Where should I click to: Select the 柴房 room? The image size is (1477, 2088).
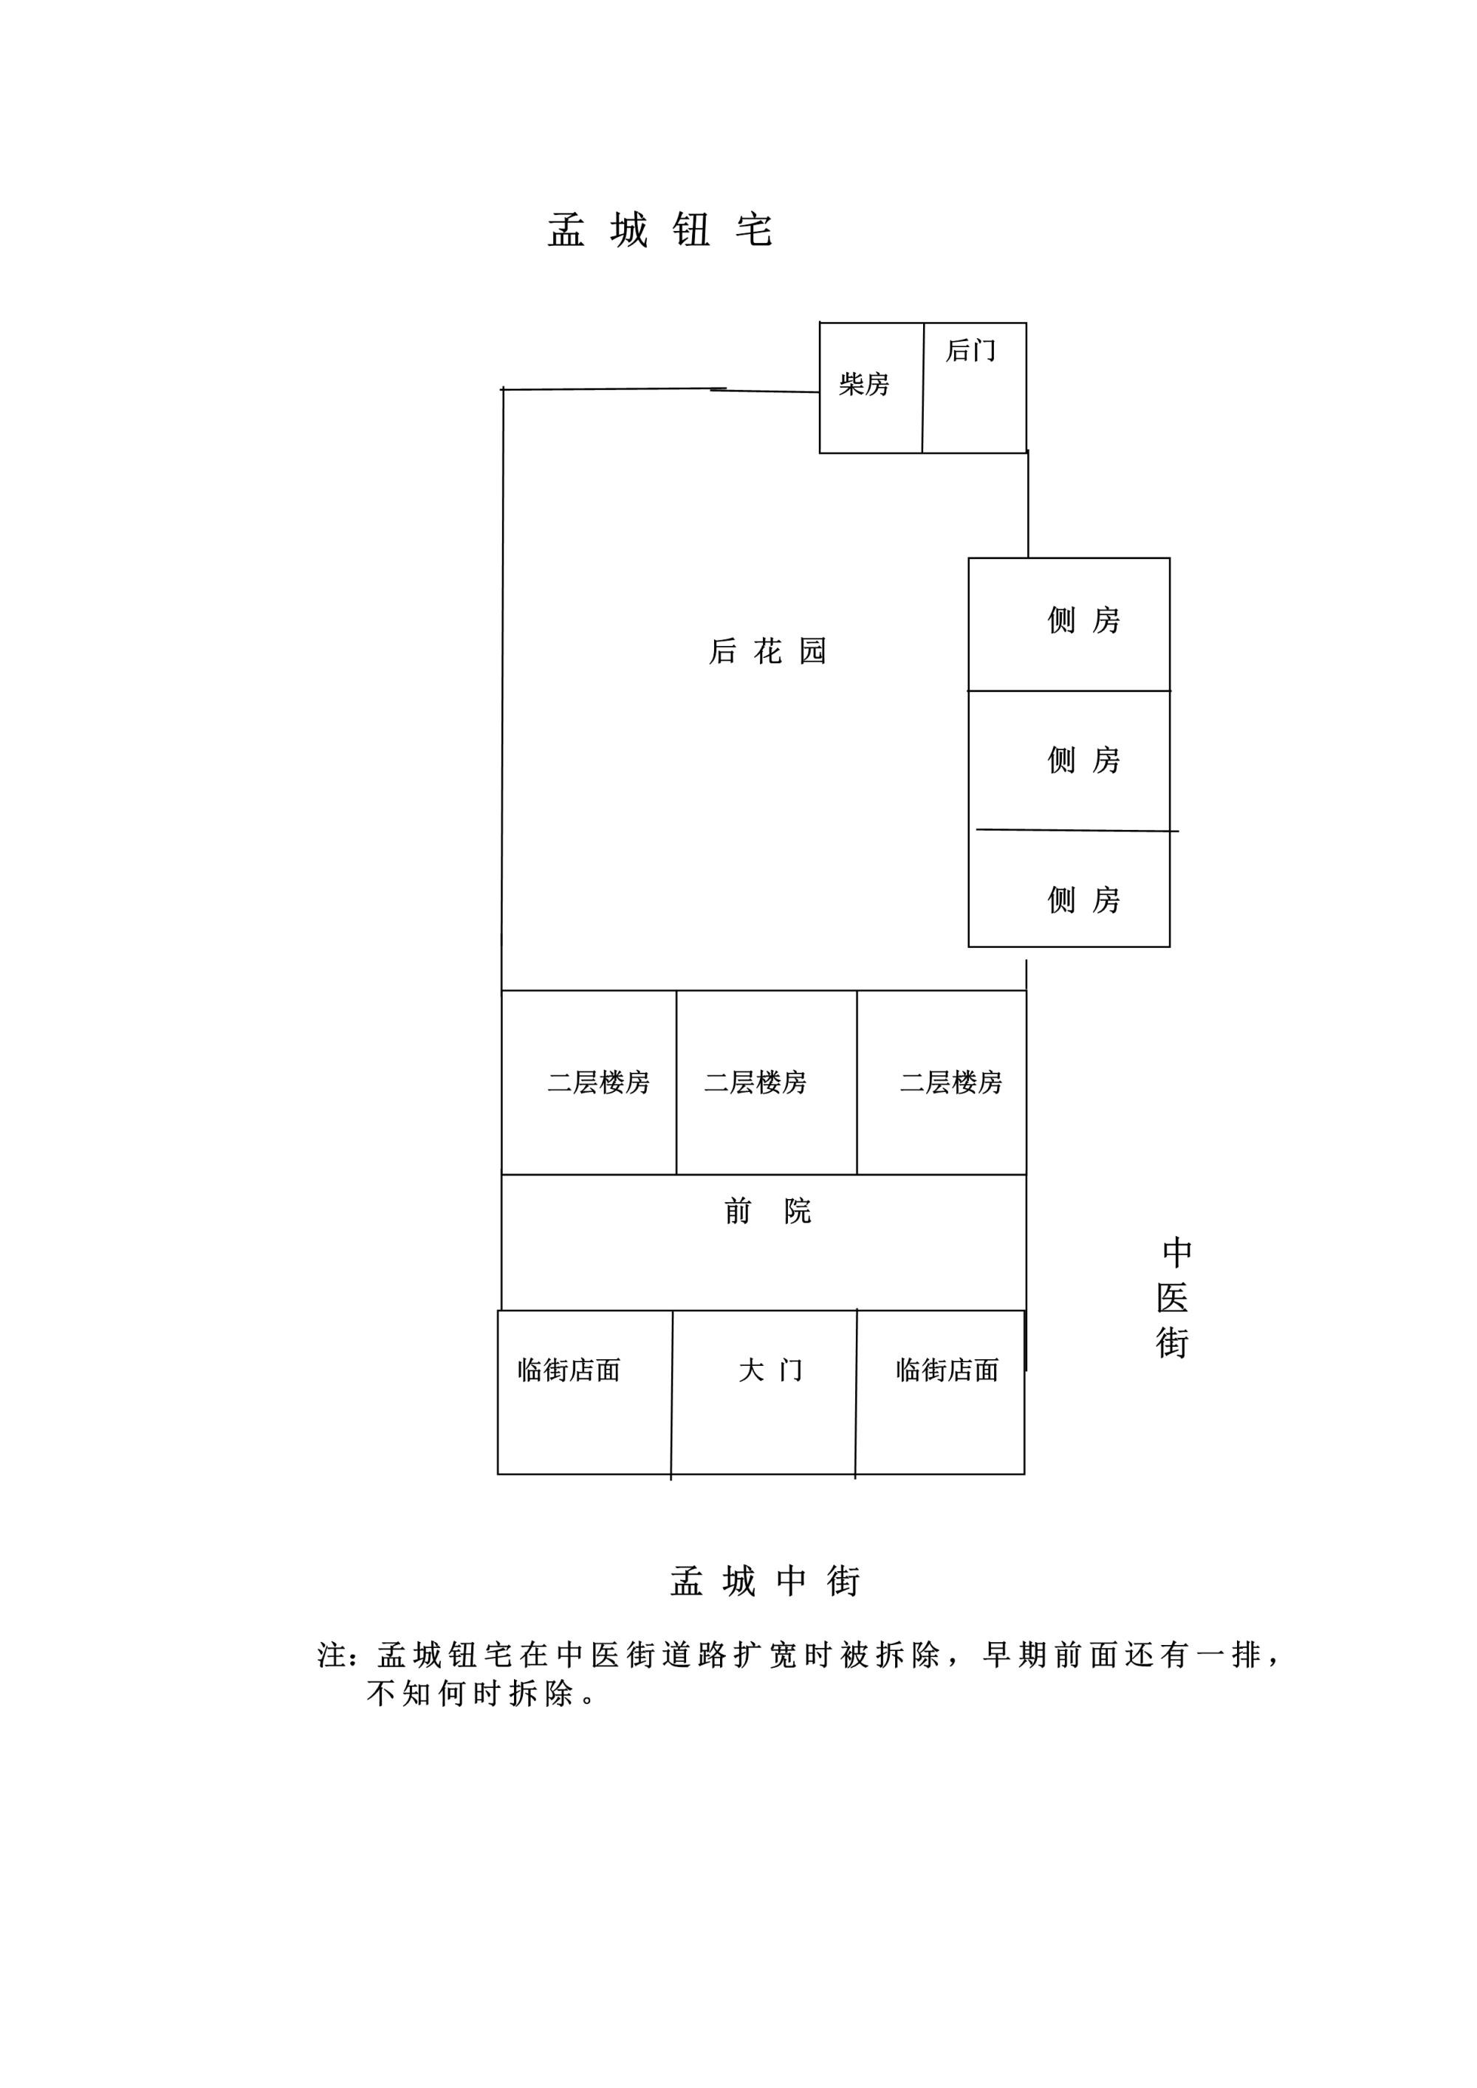(x=871, y=388)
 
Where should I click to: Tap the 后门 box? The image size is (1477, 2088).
(x=975, y=388)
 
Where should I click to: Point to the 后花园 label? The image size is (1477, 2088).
(x=767, y=651)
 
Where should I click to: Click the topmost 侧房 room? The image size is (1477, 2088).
(x=1069, y=624)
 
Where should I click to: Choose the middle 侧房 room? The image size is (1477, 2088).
(x=1069, y=760)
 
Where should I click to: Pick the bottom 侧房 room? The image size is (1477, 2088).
(x=1069, y=888)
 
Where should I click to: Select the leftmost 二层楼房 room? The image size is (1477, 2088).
(x=589, y=1082)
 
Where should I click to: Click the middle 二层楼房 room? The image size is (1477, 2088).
(x=767, y=1082)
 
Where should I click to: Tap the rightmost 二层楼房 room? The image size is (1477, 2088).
(x=942, y=1082)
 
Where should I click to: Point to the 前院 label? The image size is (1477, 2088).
(x=767, y=1212)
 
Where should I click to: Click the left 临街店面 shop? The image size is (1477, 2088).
(x=585, y=1392)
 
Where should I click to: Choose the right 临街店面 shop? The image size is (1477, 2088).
(x=940, y=1392)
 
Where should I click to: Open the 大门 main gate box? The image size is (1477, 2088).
(x=764, y=1392)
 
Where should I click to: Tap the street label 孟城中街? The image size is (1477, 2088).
(x=765, y=1582)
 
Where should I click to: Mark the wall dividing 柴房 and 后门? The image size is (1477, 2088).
(x=923, y=388)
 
